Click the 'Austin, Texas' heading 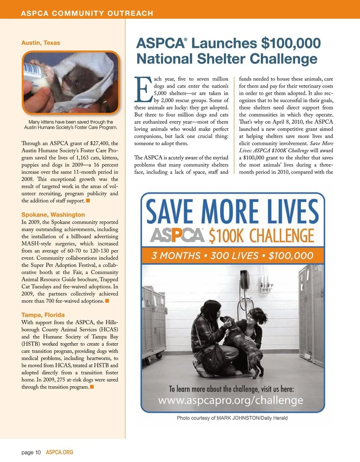40,43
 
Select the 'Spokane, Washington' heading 53,215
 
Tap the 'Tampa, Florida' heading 43,314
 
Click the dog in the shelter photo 240,341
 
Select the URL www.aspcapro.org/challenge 231,400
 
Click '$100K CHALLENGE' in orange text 261,235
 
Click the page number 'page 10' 31,453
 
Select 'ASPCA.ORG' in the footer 59,453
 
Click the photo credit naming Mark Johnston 232,418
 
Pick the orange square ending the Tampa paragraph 92,387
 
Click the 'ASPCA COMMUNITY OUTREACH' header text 87,13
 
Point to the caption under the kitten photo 71,125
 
